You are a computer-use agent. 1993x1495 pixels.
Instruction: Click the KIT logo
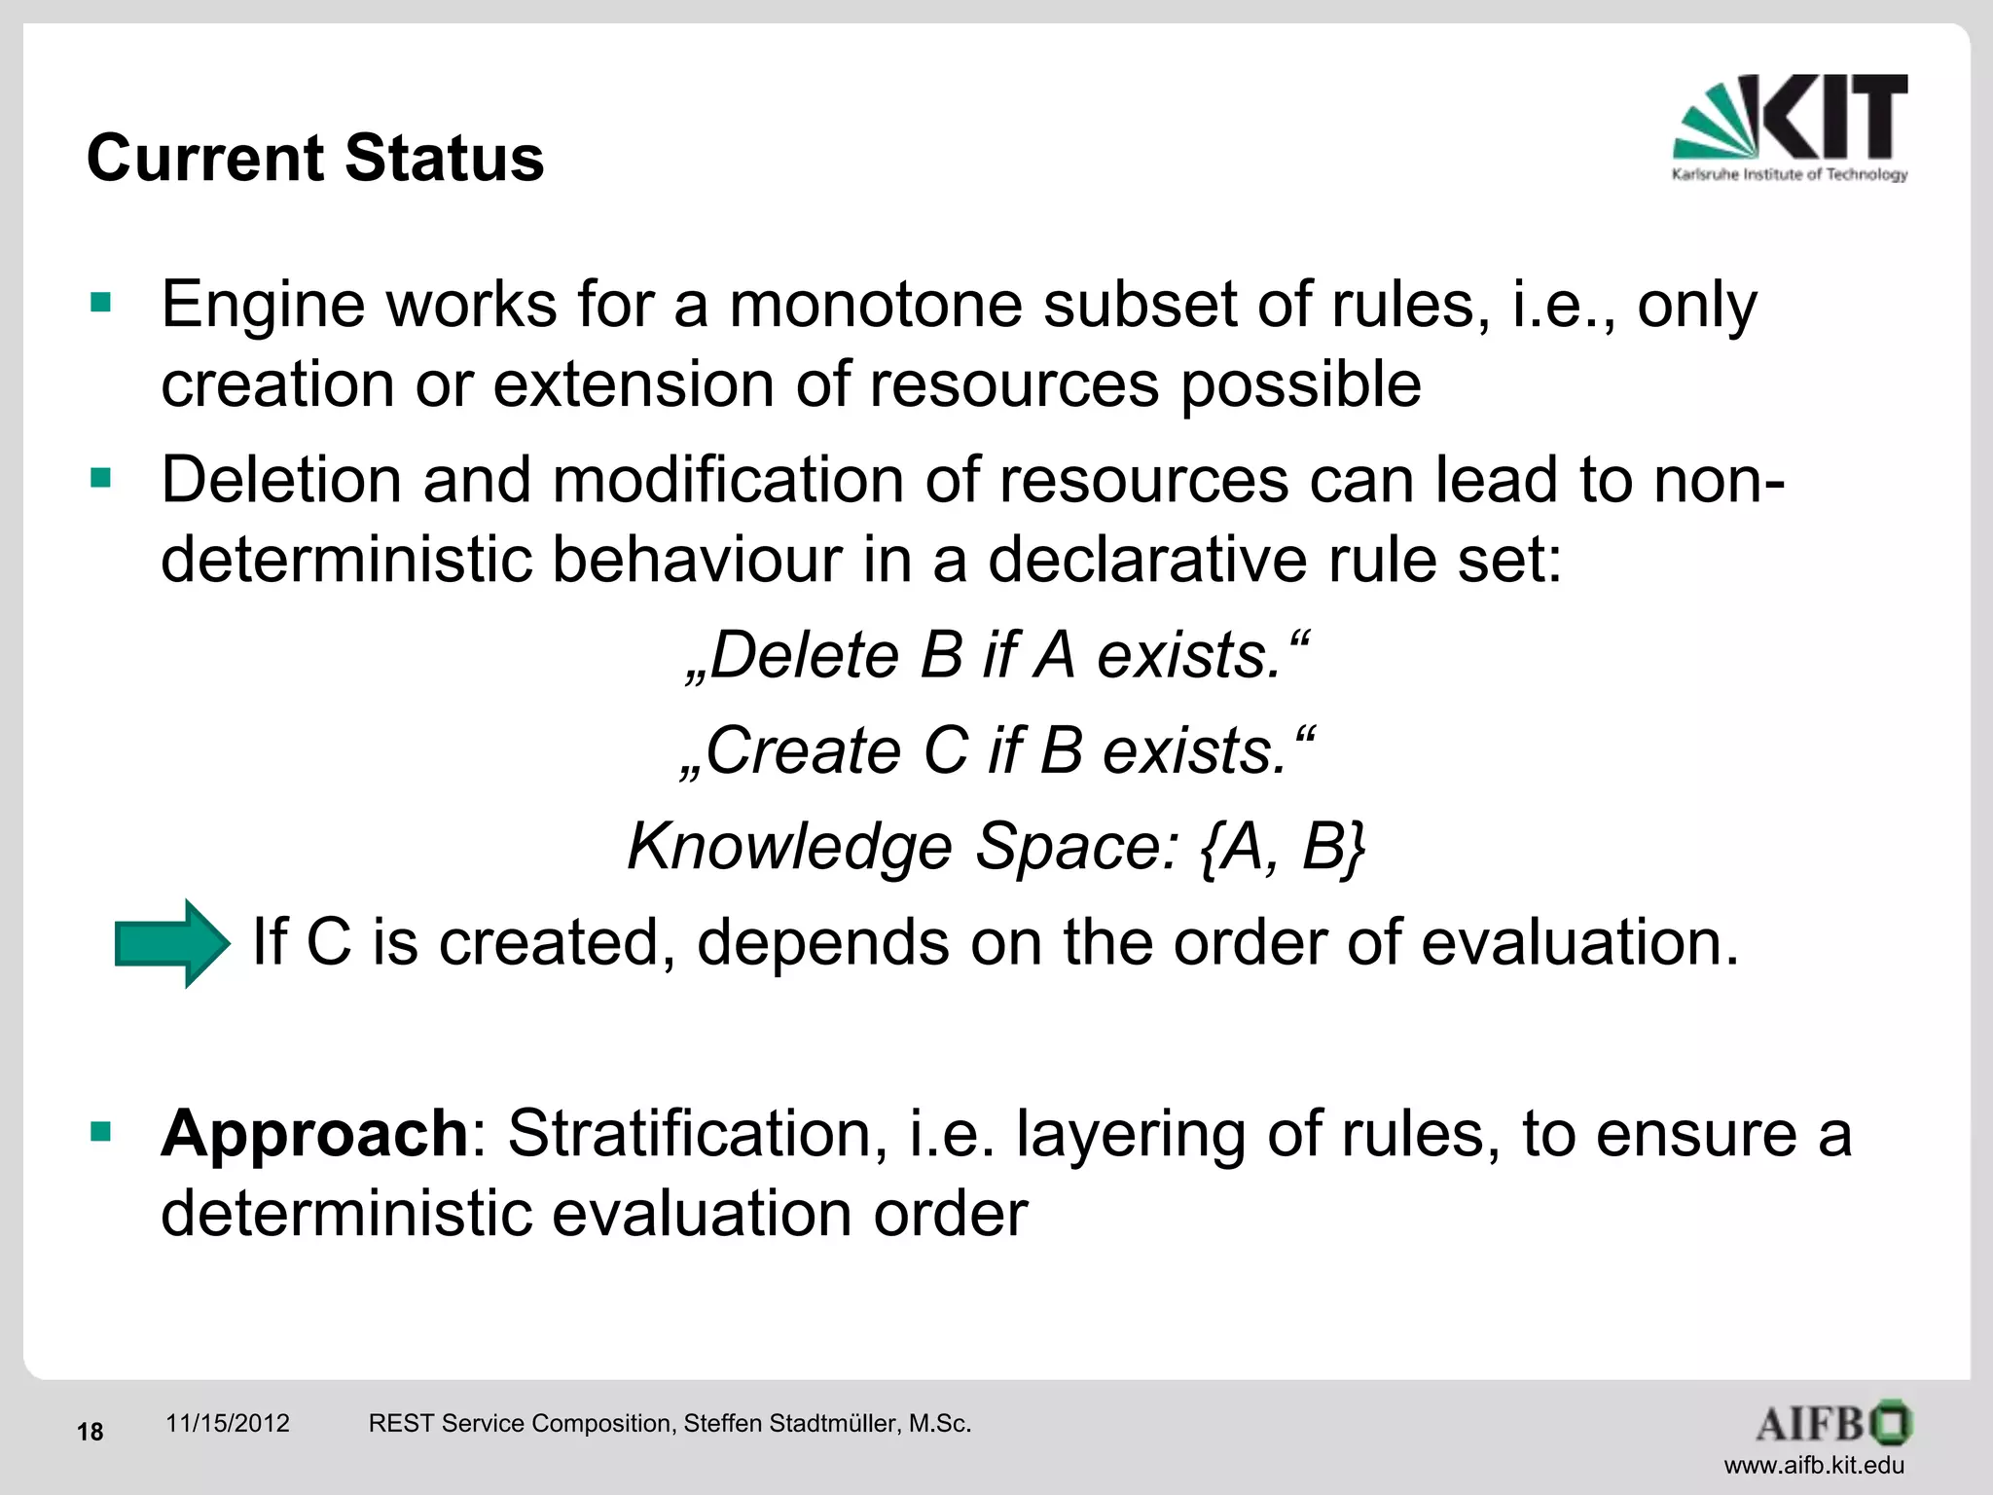(1789, 127)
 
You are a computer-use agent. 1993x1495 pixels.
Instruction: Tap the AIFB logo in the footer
(1832, 1423)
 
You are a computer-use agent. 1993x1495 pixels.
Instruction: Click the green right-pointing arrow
(172, 943)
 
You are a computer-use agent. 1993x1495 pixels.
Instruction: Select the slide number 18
(90, 1432)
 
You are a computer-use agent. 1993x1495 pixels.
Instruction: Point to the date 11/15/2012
(228, 1423)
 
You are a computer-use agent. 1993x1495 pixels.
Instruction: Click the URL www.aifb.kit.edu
(1814, 1465)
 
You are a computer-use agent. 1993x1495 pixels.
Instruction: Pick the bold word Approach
(314, 1134)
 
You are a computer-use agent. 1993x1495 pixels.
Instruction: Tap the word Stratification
(697, 1134)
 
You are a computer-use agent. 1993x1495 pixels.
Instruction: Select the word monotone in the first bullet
(875, 305)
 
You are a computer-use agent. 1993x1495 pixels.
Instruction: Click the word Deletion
(281, 480)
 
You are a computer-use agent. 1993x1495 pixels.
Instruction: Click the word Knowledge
(789, 846)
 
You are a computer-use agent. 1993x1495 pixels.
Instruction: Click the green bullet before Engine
(100, 303)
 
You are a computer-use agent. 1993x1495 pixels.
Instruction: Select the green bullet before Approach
(100, 1132)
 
